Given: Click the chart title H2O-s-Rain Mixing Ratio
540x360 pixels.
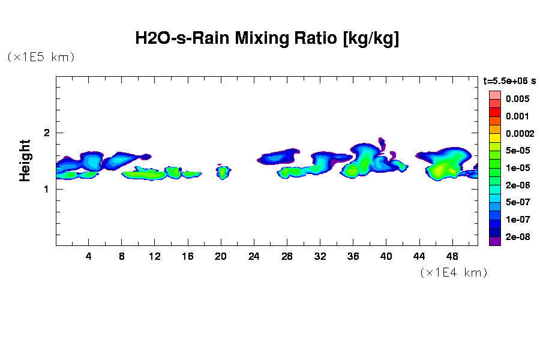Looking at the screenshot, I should coord(267,39).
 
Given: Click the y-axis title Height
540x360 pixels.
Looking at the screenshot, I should coord(25,160).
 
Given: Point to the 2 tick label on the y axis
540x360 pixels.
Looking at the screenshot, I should coord(46,133).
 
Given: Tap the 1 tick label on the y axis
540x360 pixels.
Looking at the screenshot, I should coord(46,189).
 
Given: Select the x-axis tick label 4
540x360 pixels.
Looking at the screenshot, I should coord(89,256).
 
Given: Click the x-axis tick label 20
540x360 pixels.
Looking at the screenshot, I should coord(221,256).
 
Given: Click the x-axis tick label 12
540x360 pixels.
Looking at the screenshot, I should coord(155,256).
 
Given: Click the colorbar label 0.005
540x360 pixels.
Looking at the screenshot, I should coord(517,99).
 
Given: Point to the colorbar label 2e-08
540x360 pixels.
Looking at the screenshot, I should coord(517,237).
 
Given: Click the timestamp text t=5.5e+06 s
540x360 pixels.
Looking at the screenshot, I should coord(509,80).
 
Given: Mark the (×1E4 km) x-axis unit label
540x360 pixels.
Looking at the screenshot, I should coord(453,272).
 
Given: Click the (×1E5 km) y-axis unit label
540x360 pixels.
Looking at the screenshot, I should coord(41,57).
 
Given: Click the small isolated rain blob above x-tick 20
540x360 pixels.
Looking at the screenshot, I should coord(223,173).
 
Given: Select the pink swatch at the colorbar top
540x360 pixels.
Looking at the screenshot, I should coord(494,95).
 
